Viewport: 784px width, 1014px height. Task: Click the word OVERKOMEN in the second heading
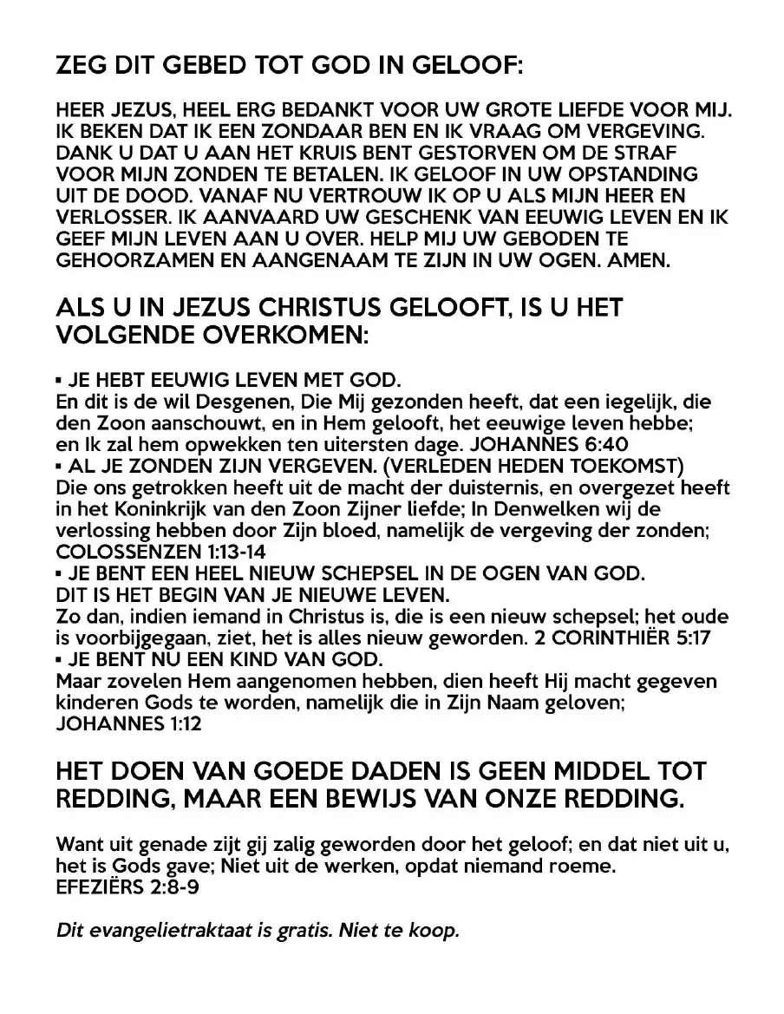pos(286,335)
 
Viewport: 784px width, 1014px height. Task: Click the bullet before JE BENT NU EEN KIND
pos(59,658)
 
